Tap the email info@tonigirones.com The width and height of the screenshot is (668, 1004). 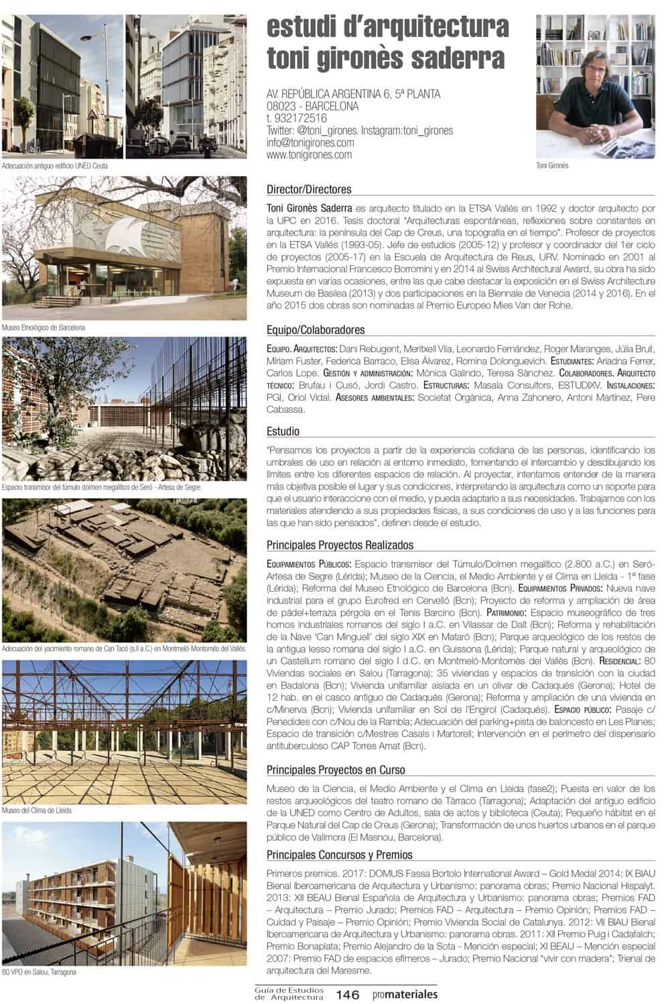[x=310, y=143]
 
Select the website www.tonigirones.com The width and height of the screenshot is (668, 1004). [x=309, y=155]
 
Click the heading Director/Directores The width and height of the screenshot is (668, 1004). [x=309, y=189]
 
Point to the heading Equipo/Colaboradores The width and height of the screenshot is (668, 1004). [x=316, y=330]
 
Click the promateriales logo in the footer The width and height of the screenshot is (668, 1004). [x=405, y=995]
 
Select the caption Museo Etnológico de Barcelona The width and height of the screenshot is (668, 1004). [x=44, y=328]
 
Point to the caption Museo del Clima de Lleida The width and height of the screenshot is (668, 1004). [x=37, y=811]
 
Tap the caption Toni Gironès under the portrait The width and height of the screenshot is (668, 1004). [x=553, y=166]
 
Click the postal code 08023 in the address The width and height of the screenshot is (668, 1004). [x=283, y=106]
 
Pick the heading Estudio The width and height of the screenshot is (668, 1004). [x=283, y=432]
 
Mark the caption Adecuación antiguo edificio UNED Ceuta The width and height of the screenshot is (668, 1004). [x=55, y=165]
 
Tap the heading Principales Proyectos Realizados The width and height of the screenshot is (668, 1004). [x=340, y=546]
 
